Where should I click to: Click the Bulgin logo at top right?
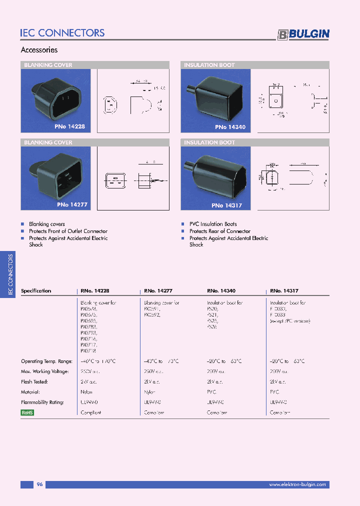[303, 34]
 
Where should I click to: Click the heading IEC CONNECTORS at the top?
[62, 33]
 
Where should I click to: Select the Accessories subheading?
[39, 50]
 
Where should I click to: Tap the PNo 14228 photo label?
[70, 127]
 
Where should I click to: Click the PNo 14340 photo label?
[230, 127]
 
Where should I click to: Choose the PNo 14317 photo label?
[227, 205]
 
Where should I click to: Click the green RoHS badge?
[27, 412]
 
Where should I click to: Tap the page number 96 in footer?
[40, 484]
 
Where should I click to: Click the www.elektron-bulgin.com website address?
[297, 484]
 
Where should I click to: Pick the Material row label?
[30, 392]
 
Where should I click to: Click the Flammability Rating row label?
[42, 402]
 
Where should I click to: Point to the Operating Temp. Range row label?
[46, 361]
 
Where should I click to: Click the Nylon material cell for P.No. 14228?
[86, 392]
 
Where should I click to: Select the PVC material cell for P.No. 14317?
[274, 392]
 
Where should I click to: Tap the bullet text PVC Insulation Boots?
[213, 224]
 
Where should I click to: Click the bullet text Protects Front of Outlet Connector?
[68, 231]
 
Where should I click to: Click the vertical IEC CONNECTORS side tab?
[10, 275]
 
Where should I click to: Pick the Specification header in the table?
[36, 290]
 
